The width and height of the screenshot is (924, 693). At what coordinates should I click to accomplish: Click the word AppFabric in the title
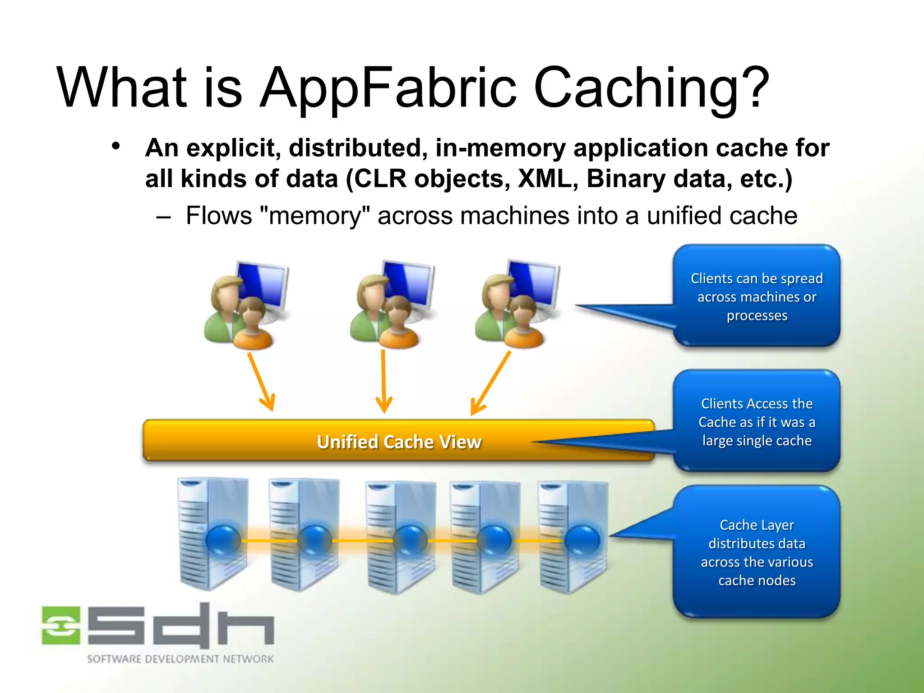388,88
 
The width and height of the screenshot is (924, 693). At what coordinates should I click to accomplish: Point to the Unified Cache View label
399,442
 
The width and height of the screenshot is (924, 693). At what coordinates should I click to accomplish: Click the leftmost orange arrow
262,381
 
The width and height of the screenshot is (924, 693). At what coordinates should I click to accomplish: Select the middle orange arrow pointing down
383,381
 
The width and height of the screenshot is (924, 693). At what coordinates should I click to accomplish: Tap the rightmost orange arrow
490,383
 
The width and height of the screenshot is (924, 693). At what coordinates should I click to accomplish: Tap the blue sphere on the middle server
410,540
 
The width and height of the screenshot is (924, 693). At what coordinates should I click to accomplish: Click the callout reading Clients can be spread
757,296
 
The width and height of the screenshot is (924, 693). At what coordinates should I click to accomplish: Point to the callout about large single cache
757,421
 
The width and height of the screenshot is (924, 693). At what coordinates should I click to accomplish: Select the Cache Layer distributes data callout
757,552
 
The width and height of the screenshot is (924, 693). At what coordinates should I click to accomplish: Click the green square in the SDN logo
61,625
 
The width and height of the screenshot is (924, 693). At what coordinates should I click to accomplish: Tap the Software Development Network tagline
180,659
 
